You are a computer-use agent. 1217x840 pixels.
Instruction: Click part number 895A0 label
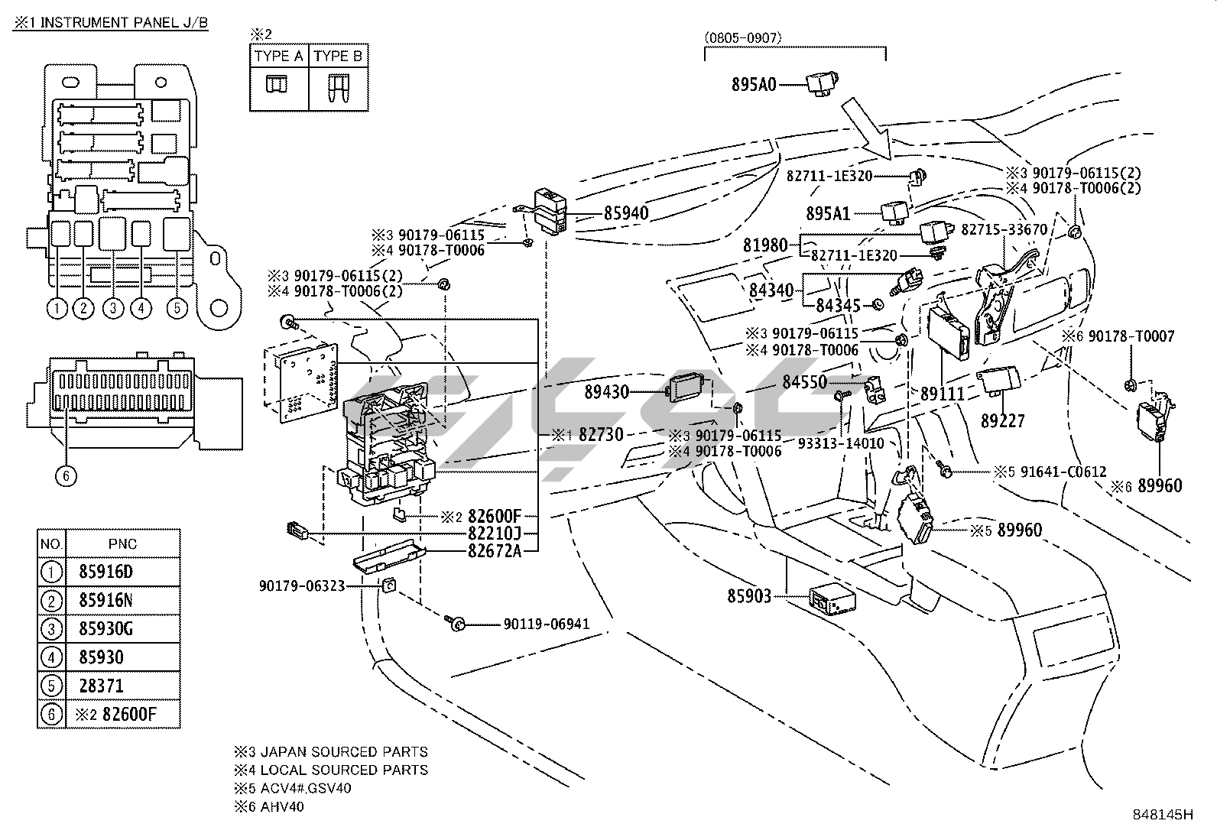[753, 84]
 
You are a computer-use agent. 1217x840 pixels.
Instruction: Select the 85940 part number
[625, 212]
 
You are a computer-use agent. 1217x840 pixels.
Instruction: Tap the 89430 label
[606, 392]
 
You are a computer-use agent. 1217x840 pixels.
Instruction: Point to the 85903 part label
[748, 595]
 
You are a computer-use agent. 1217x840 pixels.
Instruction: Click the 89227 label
[1003, 420]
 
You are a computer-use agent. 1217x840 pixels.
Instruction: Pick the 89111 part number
[942, 394]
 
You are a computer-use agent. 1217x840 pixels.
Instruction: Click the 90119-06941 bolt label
[546, 624]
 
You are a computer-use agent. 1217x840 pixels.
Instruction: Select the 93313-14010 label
[840, 443]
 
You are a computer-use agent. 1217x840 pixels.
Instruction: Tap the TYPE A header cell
[279, 57]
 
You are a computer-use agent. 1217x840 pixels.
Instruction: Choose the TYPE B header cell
[338, 57]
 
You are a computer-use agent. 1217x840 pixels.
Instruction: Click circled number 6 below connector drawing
[67, 475]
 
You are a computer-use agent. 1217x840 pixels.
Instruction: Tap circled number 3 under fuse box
[113, 309]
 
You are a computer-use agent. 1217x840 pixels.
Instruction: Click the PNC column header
[122, 543]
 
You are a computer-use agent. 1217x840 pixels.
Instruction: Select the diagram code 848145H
[1162, 815]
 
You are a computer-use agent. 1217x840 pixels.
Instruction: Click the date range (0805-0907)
[743, 37]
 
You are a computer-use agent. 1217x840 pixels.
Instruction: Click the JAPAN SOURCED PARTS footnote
[331, 752]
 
